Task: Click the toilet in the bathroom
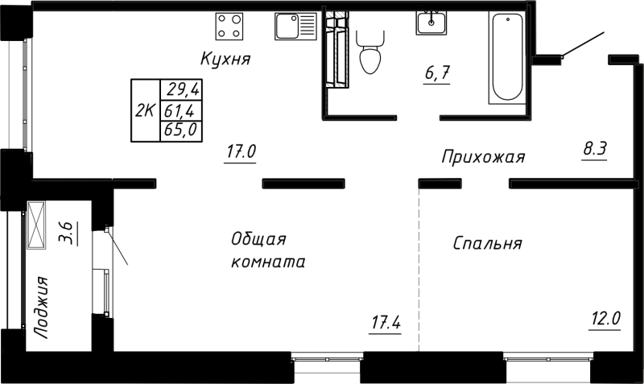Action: (x=370, y=51)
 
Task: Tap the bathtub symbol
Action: (x=507, y=58)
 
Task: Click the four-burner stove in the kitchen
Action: (x=230, y=27)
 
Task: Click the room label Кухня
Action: (x=226, y=59)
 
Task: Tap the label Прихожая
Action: (x=483, y=157)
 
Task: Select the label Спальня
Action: (x=488, y=243)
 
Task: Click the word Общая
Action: (x=258, y=239)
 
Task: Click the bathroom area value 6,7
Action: (x=437, y=74)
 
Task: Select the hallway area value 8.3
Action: (x=594, y=148)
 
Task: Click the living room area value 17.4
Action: (x=386, y=324)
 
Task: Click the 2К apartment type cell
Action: (x=146, y=110)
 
